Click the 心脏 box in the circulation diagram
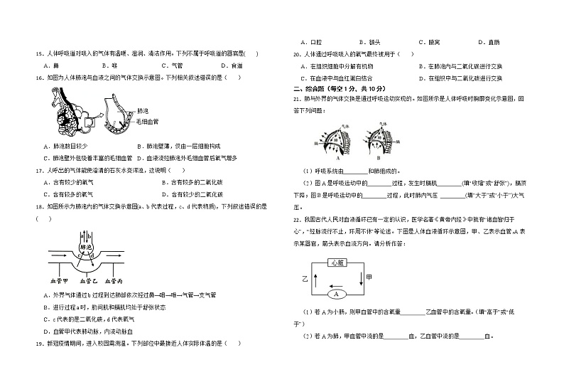click(339, 263)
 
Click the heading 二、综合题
click(310, 88)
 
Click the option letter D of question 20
click(423, 77)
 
